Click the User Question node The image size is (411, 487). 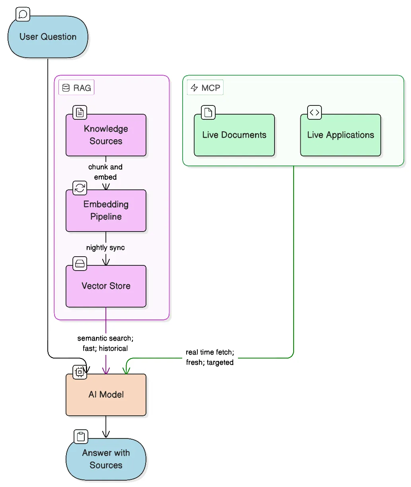coord(48,37)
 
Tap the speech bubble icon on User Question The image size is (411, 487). coord(23,14)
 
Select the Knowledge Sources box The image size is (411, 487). coord(106,135)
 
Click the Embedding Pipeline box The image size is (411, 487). coord(106,210)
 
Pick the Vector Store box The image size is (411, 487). coord(106,286)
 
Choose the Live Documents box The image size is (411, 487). coord(234,135)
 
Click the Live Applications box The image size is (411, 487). coord(340,135)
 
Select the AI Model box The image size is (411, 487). coord(106,395)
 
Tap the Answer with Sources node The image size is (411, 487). coord(106,459)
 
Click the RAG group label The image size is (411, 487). coord(77,88)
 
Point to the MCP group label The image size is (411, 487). coord(205,88)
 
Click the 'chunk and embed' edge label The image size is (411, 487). coord(105,172)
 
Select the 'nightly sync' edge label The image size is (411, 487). coord(105,247)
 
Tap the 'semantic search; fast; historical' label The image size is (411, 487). coord(105,343)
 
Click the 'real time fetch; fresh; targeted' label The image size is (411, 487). coord(210,357)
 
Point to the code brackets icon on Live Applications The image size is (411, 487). coord(314,113)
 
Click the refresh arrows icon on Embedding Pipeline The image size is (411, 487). coord(80,188)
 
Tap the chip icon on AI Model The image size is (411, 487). coord(80,372)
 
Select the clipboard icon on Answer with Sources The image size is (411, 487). coord(81,436)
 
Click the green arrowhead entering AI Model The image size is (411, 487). coord(126,371)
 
